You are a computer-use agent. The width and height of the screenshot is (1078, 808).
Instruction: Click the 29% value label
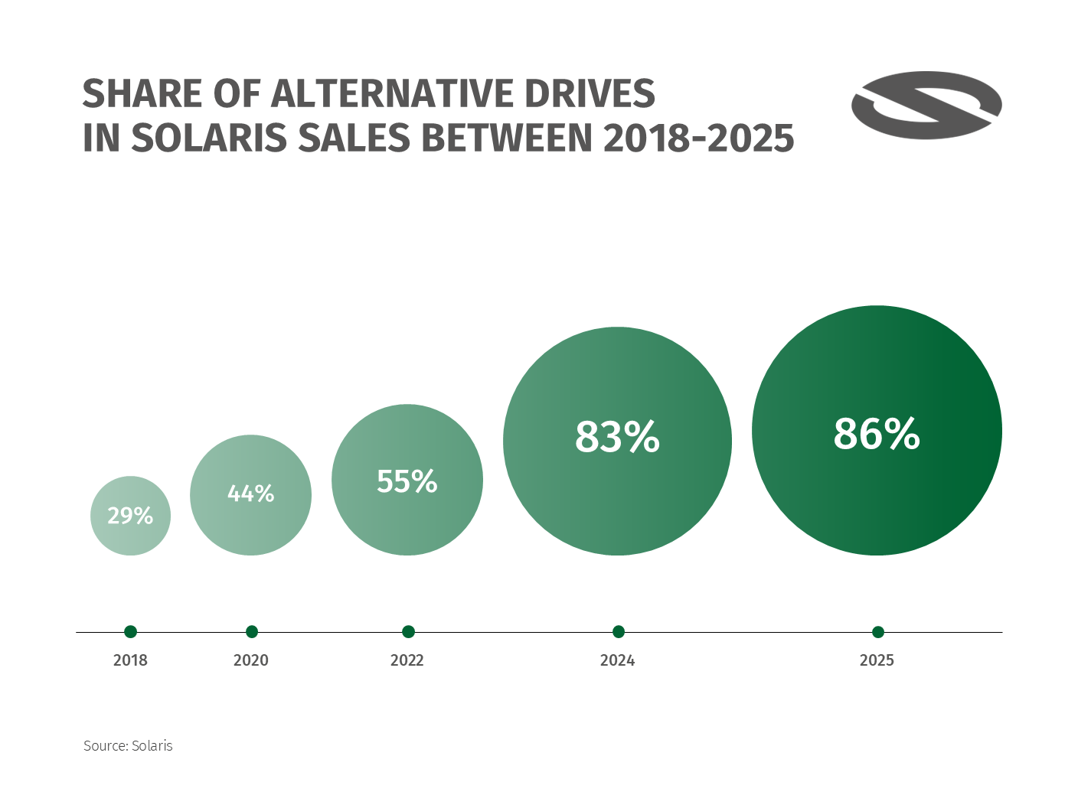[130, 516]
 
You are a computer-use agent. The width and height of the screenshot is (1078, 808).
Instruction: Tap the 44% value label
[250, 494]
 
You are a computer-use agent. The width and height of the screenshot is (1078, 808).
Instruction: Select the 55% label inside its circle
[407, 481]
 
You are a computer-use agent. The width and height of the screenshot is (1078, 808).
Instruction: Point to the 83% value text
[617, 437]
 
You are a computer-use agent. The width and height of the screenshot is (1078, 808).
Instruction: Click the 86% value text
[877, 433]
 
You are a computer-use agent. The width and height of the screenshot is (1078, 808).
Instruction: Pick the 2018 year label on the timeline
[130, 660]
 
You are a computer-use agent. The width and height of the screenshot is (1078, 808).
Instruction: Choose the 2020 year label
[251, 660]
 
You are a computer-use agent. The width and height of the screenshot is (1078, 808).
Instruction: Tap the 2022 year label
[407, 660]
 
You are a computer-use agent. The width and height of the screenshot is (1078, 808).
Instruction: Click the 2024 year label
[617, 660]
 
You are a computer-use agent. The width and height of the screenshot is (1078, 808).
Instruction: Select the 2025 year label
[877, 660]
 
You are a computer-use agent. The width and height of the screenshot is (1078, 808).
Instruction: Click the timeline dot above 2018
[130, 631]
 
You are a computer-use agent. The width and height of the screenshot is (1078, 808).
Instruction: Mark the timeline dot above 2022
[408, 631]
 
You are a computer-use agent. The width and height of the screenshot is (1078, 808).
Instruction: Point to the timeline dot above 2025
[878, 631]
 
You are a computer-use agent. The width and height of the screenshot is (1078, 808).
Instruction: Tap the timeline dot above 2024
[619, 631]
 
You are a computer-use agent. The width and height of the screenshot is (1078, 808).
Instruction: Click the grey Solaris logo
[926, 106]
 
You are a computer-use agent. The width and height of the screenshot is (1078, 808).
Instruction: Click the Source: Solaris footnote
[128, 745]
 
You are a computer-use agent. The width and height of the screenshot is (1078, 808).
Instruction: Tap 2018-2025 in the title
[699, 138]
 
